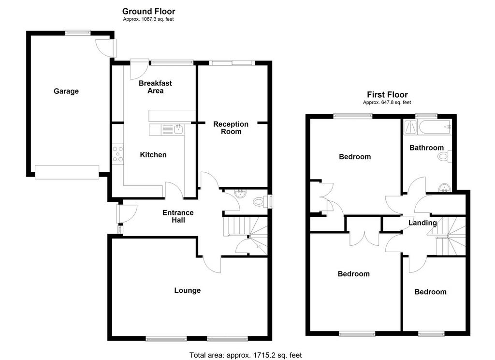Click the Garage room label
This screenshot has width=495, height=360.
pyautogui.click(x=66, y=91)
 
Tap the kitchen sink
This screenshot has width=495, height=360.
pyautogui.click(x=179, y=129)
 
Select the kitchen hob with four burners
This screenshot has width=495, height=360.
pyautogui.click(x=118, y=154)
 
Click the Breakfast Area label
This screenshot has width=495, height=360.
pyautogui.click(x=155, y=87)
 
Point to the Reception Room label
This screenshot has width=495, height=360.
pyautogui.click(x=231, y=128)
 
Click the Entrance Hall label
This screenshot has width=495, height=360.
pyautogui.click(x=178, y=216)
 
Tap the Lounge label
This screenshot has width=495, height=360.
pyautogui.click(x=188, y=290)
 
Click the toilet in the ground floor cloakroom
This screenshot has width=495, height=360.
pyautogui.click(x=260, y=202)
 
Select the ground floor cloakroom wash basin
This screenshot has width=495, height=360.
pyautogui.click(x=241, y=194)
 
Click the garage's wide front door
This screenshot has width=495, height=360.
pyautogui.click(x=67, y=172)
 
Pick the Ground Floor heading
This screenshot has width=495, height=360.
pyautogui.click(x=149, y=12)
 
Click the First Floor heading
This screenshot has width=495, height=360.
pyautogui.click(x=387, y=94)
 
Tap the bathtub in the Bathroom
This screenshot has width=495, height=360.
pyautogui.click(x=435, y=127)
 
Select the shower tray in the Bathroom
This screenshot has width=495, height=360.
pyautogui.click(x=410, y=127)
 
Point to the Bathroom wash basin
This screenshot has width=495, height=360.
pyautogui.click(x=445, y=188)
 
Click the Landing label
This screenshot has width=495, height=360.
pyautogui.click(x=422, y=223)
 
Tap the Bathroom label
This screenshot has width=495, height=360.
pyautogui.click(x=426, y=148)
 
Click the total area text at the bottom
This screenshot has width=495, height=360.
pyautogui.click(x=246, y=355)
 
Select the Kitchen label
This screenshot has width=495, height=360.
pyautogui.click(x=153, y=155)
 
